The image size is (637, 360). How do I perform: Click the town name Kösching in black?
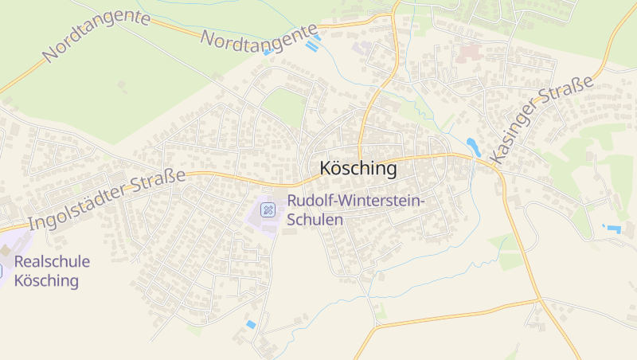click(x=358, y=168)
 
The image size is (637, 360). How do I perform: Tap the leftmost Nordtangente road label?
click(x=96, y=35)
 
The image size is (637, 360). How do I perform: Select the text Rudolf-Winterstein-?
click(x=356, y=202)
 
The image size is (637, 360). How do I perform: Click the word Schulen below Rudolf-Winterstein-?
click(x=315, y=219)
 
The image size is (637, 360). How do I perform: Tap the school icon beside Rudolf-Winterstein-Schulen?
click(x=269, y=210)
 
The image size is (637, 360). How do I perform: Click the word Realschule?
click(x=52, y=261)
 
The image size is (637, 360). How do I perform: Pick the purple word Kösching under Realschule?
click(x=46, y=280)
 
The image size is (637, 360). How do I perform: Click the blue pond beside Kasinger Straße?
click(x=473, y=146)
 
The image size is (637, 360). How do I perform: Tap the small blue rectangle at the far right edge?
click(x=613, y=229)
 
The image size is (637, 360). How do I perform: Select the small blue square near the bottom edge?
click(x=251, y=324)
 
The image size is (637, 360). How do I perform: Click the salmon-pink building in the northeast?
click(x=468, y=53)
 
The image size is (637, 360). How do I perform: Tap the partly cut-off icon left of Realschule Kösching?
click(x=2, y=271)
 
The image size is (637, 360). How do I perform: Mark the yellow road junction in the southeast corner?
click(x=538, y=301)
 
